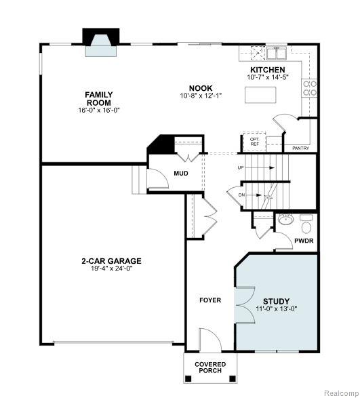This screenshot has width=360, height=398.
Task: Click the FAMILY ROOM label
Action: point(99,99)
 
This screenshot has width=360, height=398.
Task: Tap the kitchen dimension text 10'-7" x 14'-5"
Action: point(268,77)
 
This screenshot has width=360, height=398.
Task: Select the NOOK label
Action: point(201,88)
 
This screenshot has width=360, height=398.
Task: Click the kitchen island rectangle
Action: point(260,95)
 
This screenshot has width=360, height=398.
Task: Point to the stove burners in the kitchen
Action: point(310,88)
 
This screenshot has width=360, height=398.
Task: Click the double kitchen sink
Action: point(277,53)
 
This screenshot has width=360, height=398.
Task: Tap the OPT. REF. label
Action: point(255,142)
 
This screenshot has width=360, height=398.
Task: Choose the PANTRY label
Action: point(300,148)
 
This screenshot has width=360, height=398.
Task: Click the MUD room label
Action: point(181,174)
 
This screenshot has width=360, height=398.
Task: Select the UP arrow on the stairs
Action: point(260,167)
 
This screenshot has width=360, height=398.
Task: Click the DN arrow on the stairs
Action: point(254,195)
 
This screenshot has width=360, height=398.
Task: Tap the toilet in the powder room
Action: point(306,224)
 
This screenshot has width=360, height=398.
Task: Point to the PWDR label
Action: point(304,241)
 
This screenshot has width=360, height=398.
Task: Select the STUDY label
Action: point(276,301)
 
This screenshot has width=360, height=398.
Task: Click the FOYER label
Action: point(210,300)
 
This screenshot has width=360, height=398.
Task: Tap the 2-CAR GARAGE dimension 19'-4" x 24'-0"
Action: point(112,268)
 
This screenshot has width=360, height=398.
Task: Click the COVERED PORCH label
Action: point(210,367)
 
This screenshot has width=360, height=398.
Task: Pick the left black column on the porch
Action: point(188,378)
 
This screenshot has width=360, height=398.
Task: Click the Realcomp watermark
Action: point(342,393)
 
